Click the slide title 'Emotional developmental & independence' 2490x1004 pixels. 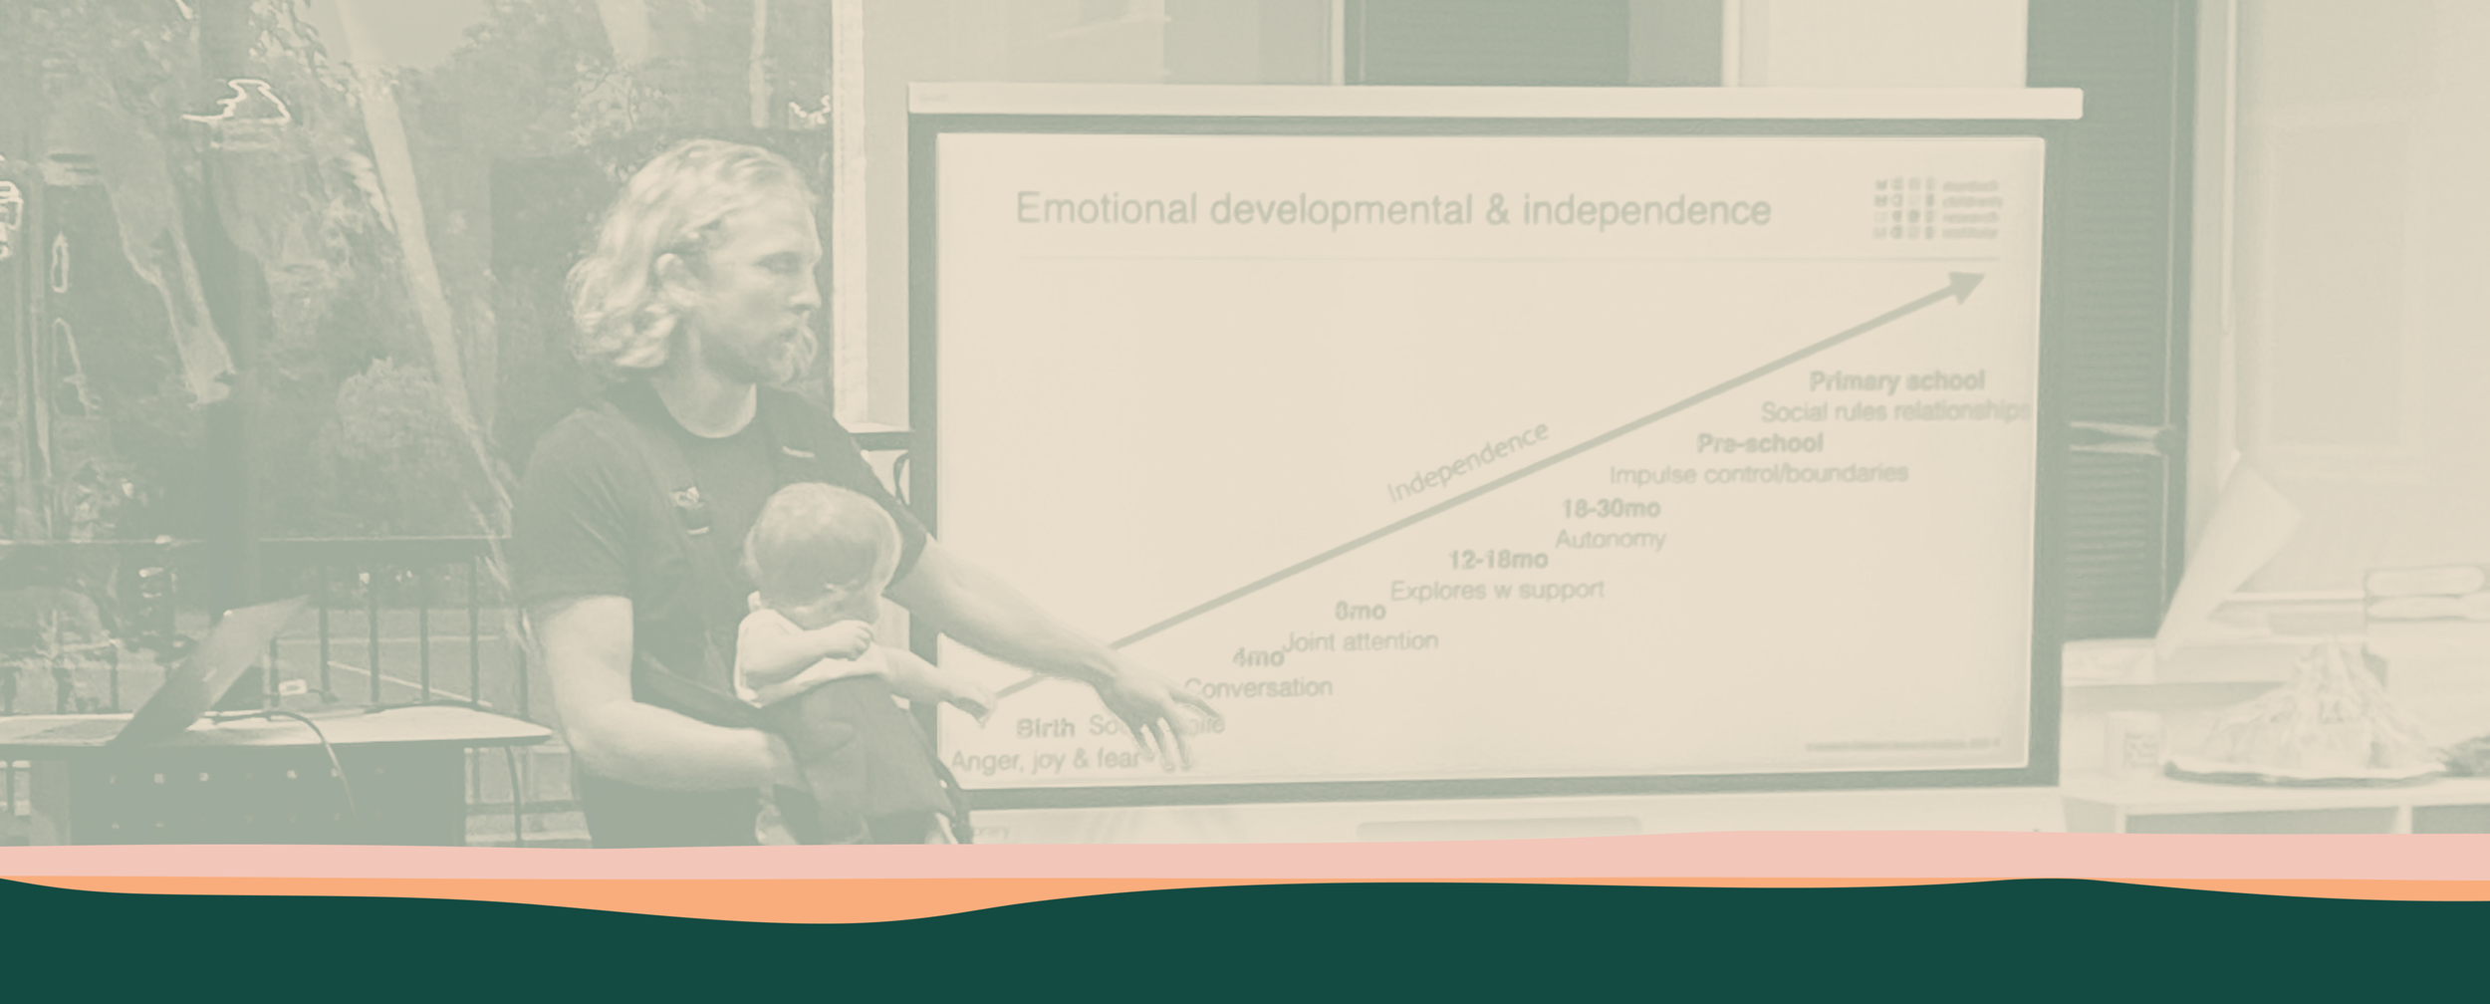click(1392, 210)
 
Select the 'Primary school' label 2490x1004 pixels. click(1896, 381)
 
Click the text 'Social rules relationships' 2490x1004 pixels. click(1894, 411)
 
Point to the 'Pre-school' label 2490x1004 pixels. click(1760, 443)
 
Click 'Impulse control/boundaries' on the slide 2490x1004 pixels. click(1758, 473)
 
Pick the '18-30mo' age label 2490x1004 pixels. click(1611, 509)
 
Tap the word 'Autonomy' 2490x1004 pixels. click(1610, 539)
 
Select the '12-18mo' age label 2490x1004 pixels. click(1497, 560)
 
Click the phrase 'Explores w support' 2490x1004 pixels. click(1496, 590)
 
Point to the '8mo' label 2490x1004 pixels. click(1360, 611)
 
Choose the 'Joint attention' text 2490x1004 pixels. click(1361, 641)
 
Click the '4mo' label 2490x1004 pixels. click(1257, 658)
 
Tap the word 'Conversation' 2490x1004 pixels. click(1258, 687)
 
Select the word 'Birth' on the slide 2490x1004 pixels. click(1045, 728)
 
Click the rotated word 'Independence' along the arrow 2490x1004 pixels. click(1467, 462)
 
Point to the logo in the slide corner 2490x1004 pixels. click(1935, 208)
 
